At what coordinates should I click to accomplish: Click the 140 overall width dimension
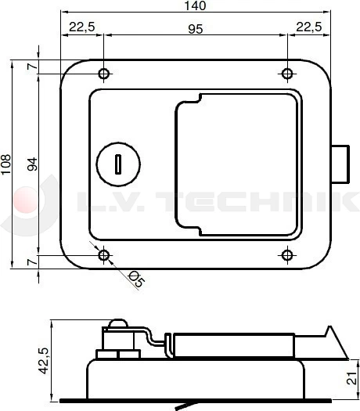[x=197, y=6]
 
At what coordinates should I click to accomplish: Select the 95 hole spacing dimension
[x=196, y=29]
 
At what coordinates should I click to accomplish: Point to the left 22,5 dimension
[x=82, y=27]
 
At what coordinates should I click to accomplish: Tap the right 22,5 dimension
[x=309, y=27]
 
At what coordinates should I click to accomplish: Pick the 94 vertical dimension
[x=32, y=164]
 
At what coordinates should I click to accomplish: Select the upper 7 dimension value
[x=32, y=67]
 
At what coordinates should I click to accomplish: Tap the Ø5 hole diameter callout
[x=135, y=279]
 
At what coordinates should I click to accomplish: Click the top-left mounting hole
[x=104, y=74]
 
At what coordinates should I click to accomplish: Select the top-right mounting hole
[x=287, y=74]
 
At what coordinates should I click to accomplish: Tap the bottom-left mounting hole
[x=104, y=255]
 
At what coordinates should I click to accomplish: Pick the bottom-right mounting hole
[x=287, y=255]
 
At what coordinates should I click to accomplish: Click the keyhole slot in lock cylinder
[x=117, y=164]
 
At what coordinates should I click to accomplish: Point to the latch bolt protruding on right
[x=340, y=164]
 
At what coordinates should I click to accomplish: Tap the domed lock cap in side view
[x=117, y=324]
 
